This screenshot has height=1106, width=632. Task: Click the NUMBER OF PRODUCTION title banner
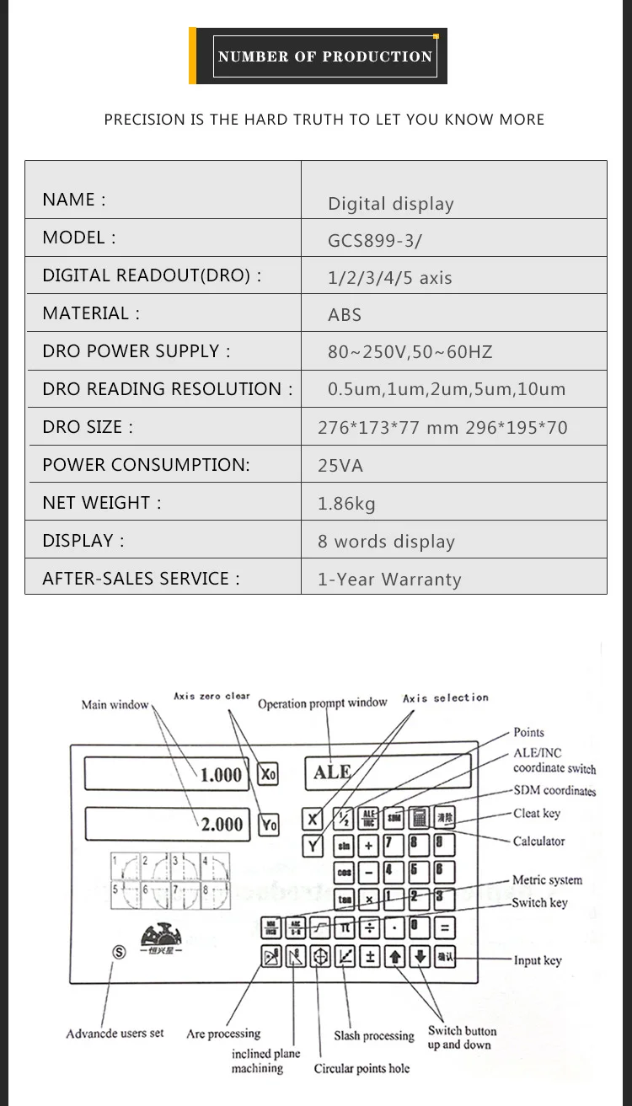(x=324, y=56)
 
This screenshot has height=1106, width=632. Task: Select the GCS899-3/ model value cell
(x=375, y=241)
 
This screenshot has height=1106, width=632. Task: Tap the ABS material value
(x=345, y=315)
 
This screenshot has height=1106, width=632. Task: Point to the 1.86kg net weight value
(x=346, y=504)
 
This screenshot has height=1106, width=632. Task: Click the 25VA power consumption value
(x=340, y=466)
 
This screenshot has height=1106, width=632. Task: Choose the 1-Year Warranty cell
(x=389, y=580)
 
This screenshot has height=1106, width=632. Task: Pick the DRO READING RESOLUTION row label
(x=168, y=389)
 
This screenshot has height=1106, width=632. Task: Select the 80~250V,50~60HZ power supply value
(x=410, y=352)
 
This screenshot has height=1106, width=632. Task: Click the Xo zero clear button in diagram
(x=268, y=773)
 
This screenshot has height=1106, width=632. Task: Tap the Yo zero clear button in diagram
(x=268, y=825)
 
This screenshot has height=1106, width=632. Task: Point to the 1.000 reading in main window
(x=221, y=775)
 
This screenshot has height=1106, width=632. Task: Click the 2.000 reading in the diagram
(x=222, y=825)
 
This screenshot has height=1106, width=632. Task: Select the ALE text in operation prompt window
(x=332, y=772)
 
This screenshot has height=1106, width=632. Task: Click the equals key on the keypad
(x=444, y=928)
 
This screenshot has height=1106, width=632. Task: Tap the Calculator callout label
(x=538, y=842)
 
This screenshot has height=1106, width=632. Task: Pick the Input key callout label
(x=538, y=960)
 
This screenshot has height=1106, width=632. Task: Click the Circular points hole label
(x=362, y=1069)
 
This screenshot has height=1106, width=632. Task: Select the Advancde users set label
(x=115, y=1034)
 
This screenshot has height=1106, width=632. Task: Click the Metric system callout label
(x=547, y=880)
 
